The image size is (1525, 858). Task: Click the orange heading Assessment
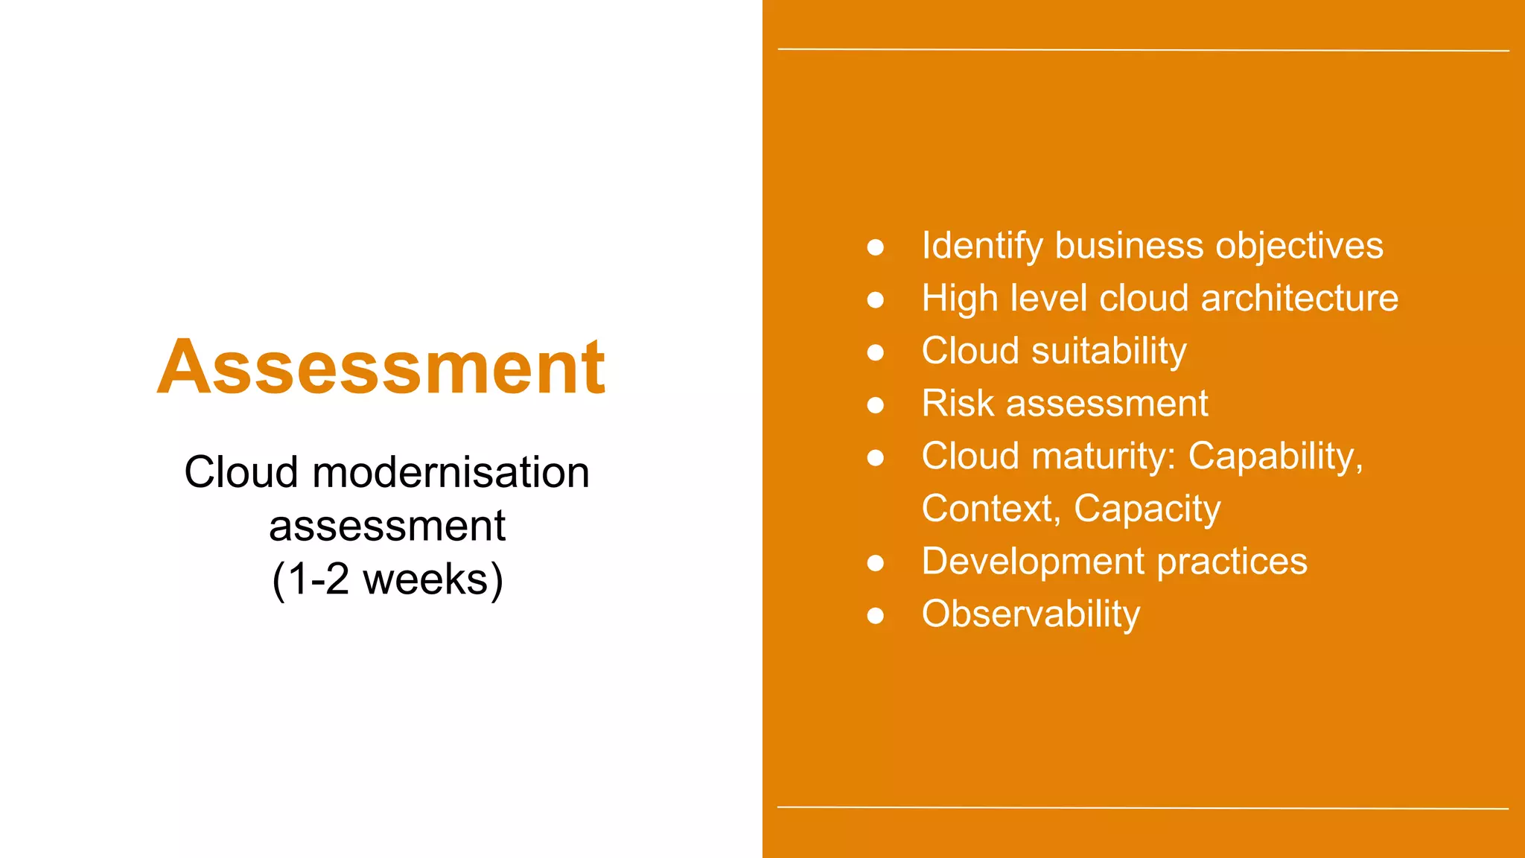click(381, 367)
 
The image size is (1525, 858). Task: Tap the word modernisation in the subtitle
click(451, 473)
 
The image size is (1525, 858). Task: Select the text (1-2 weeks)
click(387, 579)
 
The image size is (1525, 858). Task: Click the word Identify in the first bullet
click(981, 247)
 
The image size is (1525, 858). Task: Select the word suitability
click(1109, 352)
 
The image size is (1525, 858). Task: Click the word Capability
click(1275, 457)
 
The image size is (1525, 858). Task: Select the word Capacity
click(1147, 509)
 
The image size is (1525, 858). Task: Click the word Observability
click(1031, 614)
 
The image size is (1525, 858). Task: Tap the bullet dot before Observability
click(876, 616)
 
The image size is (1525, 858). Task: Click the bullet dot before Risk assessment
click(876, 405)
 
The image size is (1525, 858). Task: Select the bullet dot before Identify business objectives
click(876, 247)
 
